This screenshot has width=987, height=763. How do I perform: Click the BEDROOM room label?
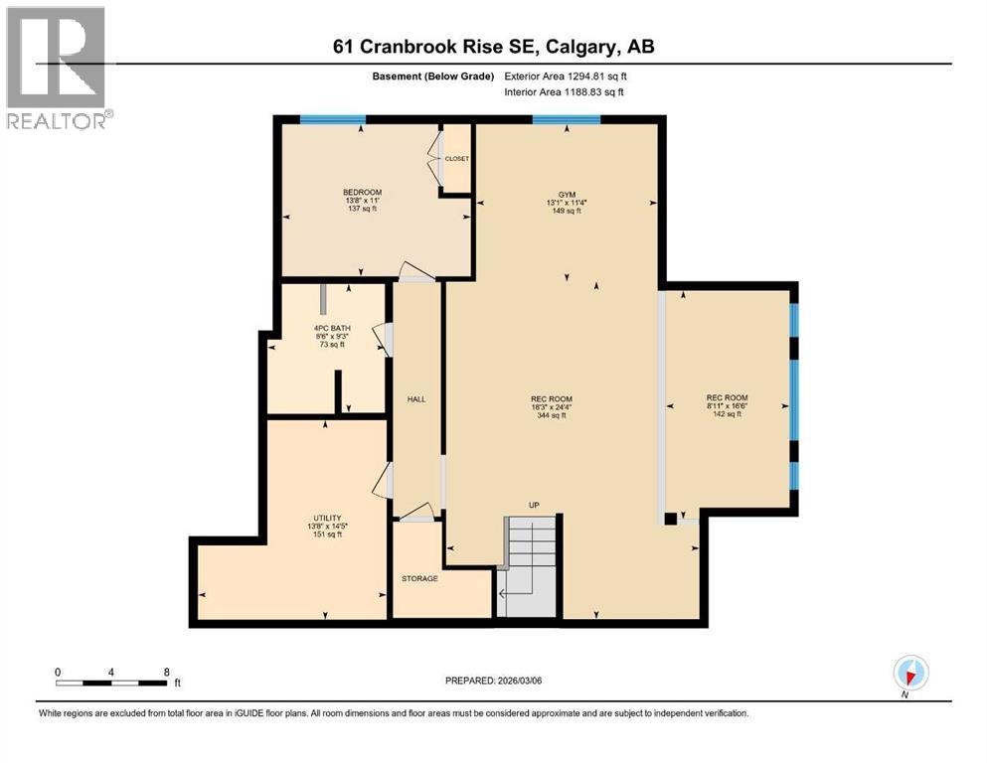pos(362,192)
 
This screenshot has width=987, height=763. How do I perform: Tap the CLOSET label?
pos(457,158)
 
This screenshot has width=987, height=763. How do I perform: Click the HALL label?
pos(416,398)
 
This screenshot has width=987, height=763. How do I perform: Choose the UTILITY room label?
pos(328,518)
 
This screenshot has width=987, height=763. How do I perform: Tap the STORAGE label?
pos(419,578)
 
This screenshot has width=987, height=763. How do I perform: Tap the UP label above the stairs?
pos(534,505)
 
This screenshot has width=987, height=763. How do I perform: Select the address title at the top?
pos(494,47)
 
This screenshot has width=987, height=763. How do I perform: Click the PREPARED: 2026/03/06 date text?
pos(493,681)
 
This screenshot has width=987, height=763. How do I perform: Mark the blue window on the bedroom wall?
pos(333,120)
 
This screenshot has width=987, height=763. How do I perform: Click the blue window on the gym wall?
pos(566,120)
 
